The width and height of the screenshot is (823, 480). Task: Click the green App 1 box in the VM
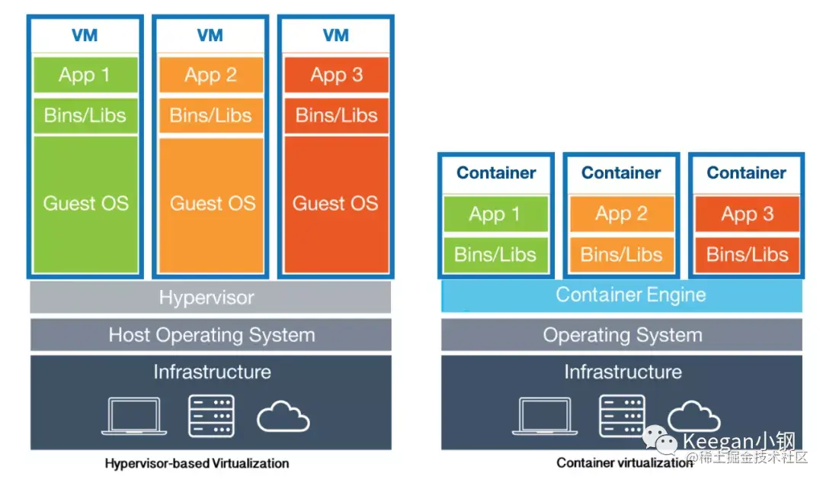click(85, 75)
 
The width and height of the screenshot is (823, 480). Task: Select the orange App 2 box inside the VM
click(211, 75)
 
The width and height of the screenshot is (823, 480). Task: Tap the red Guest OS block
click(336, 204)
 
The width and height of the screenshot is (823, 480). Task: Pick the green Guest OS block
click(85, 204)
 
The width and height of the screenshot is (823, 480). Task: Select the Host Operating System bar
click(210, 335)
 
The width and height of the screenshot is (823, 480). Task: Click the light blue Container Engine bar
click(622, 295)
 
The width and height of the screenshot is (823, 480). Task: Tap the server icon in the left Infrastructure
click(211, 416)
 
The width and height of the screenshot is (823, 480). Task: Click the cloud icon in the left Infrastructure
click(283, 417)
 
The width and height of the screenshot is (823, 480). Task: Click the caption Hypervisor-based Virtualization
click(197, 463)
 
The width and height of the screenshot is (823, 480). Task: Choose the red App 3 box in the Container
click(748, 214)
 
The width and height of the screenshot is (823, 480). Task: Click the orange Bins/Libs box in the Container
click(622, 254)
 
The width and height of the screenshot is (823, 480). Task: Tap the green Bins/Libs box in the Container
click(496, 254)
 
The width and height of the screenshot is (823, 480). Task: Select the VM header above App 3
click(336, 35)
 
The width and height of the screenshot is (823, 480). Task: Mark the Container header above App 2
click(622, 173)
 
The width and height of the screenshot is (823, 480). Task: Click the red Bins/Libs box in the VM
click(336, 115)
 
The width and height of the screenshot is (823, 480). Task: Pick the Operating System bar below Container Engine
click(622, 335)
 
